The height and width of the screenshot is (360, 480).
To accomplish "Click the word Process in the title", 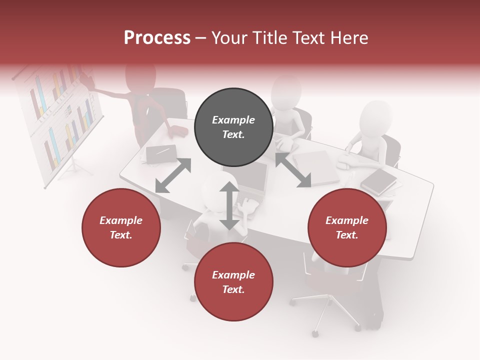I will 157,38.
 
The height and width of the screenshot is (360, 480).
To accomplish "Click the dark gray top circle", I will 233,127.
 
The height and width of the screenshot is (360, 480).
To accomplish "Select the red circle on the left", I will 121,227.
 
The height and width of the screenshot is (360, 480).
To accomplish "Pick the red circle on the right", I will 347,227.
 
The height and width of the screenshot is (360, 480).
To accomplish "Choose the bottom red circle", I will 233,282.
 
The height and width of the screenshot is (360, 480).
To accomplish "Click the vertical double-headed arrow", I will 229,205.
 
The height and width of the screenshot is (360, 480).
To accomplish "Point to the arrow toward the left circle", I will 173,175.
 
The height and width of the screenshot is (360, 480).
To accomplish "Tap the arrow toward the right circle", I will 293,170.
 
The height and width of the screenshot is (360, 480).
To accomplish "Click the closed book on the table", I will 378,181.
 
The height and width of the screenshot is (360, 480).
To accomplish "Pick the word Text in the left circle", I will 121,235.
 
